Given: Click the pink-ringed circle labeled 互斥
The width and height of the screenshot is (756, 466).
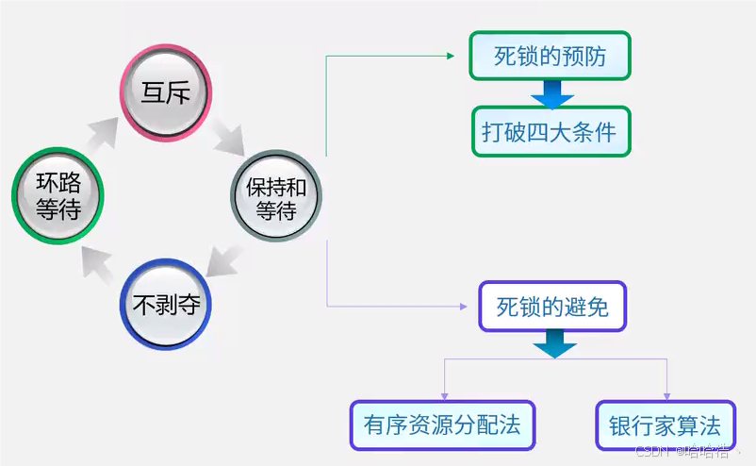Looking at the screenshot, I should [x=166, y=92].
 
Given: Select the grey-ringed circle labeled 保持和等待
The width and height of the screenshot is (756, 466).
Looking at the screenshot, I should [x=276, y=197].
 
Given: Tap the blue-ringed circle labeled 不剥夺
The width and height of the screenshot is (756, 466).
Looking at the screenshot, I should [x=166, y=304].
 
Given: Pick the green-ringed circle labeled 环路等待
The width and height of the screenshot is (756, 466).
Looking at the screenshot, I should [x=57, y=197].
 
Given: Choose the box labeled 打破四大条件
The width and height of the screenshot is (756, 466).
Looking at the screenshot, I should [x=551, y=131].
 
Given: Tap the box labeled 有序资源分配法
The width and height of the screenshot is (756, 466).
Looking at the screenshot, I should [x=441, y=424].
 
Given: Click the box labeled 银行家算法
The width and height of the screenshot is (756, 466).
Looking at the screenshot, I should [x=666, y=424].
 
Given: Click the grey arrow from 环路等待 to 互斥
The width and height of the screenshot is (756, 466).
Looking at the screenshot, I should [x=104, y=135].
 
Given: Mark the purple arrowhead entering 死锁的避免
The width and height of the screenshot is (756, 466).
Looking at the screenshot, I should [x=462, y=307].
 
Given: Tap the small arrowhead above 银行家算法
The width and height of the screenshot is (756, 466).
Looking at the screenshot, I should [x=667, y=394].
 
